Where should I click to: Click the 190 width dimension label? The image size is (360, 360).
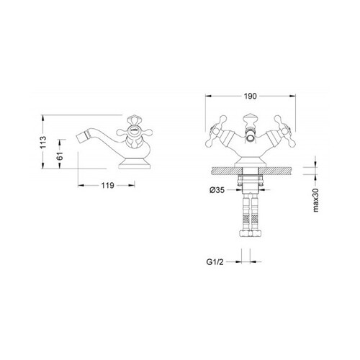click(250, 96)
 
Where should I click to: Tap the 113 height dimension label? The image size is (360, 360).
click(43, 143)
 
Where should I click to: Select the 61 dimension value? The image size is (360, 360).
click(60, 156)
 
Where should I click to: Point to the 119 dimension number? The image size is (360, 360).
click(107, 185)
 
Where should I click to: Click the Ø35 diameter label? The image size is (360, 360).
click(217, 190)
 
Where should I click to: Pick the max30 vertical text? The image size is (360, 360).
click(316, 200)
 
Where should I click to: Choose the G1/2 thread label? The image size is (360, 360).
click(215, 262)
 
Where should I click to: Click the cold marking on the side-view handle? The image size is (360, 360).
click(134, 130)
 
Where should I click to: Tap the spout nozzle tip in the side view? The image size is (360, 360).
click(79, 138)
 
